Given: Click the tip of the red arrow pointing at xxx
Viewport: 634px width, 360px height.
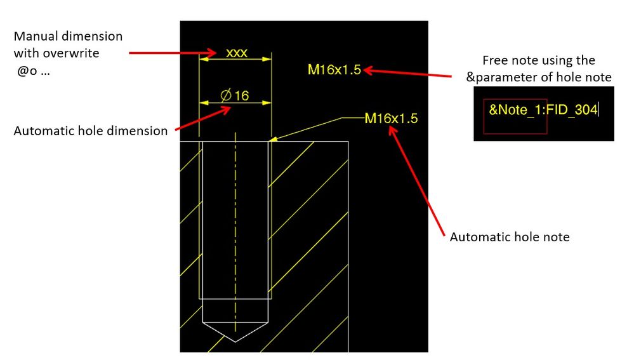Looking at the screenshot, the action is click(x=216, y=53).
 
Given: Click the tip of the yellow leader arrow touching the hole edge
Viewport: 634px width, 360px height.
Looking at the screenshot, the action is click(x=269, y=141).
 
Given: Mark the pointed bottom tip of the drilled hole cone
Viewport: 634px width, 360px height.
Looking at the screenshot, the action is click(x=235, y=342).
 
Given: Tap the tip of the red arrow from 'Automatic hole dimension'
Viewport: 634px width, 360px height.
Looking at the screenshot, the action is click(x=230, y=107).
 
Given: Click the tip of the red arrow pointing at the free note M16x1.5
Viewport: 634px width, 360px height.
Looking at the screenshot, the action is click(x=364, y=70).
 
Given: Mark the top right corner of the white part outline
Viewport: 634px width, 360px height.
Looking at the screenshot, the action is click(x=348, y=142).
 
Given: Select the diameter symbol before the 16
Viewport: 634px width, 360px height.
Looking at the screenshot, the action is click(x=226, y=95).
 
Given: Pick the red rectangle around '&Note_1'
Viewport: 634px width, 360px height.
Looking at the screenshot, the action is click(x=515, y=116).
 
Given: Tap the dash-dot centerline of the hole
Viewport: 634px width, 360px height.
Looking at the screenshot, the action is click(x=235, y=237).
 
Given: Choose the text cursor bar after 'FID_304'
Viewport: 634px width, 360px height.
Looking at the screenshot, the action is click(x=598, y=110).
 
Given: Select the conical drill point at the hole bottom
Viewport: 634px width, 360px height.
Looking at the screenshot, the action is click(x=235, y=332).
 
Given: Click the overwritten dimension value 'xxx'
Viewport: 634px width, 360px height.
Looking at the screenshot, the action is click(x=237, y=53).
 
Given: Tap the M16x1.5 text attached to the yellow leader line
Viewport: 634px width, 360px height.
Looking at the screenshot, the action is click(x=391, y=118).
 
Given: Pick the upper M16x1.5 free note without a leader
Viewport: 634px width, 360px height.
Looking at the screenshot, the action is click(x=334, y=70).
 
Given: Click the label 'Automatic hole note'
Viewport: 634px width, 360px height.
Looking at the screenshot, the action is click(x=510, y=237).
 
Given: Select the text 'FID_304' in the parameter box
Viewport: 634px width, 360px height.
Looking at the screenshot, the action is click(x=572, y=110).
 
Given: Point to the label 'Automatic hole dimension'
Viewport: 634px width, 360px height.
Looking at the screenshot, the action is click(x=91, y=131).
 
